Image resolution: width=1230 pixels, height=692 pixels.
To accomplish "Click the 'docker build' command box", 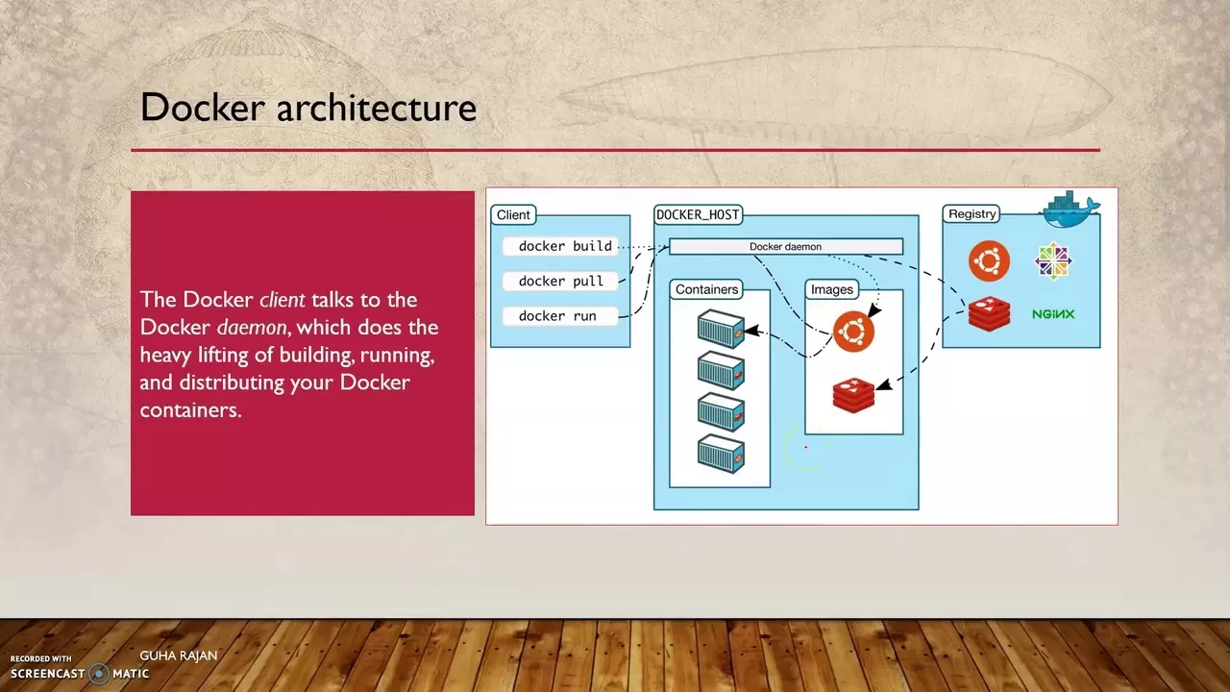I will pyautogui.click(x=560, y=246).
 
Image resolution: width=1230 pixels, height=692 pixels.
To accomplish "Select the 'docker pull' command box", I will pyautogui.click(x=560, y=281).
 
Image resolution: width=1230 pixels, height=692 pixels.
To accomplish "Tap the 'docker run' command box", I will pyautogui.click(x=560, y=316).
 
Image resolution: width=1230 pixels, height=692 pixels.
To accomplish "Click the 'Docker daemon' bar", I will pyautogui.click(x=785, y=247).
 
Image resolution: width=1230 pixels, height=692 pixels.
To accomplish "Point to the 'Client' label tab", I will pyautogui.click(x=513, y=215).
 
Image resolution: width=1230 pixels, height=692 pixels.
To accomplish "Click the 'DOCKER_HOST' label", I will pyautogui.click(x=698, y=214).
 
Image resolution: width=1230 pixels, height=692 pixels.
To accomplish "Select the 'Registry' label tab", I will pyautogui.click(x=972, y=214).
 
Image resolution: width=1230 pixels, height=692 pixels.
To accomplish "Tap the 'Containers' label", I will pyautogui.click(x=706, y=289).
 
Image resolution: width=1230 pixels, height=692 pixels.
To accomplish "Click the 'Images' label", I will pyautogui.click(x=831, y=289).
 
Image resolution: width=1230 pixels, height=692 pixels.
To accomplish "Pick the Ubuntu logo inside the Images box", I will pyautogui.click(x=853, y=332).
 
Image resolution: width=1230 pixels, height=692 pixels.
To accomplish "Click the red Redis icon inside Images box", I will pyautogui.click(x=853, y=395).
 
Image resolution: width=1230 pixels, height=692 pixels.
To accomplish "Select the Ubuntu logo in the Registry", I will pyautogui.click(x=989, y=260).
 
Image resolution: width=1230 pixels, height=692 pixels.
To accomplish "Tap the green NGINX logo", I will pyautogui.click(x=1053, y=314).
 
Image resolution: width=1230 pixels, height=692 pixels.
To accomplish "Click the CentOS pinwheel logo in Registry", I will pyautogui.click(x=1053, y=260).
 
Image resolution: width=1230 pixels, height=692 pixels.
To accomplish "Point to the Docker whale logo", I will pyautogui.click(x=1071, y=210).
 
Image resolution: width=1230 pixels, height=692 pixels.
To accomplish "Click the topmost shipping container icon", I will pyautogui.click(x=721, y=329).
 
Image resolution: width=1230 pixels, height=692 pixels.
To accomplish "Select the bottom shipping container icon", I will pyautogui.click(x=721, y=454).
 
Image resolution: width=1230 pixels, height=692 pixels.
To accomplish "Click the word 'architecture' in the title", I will pyautogui.click(x=376, y=107).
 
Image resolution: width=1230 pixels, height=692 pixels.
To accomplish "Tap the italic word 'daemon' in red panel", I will pyautogui.click(x=251, y=328).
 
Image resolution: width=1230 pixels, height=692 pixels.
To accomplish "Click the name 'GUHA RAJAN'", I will pyautogui.click(x=179, y=655).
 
